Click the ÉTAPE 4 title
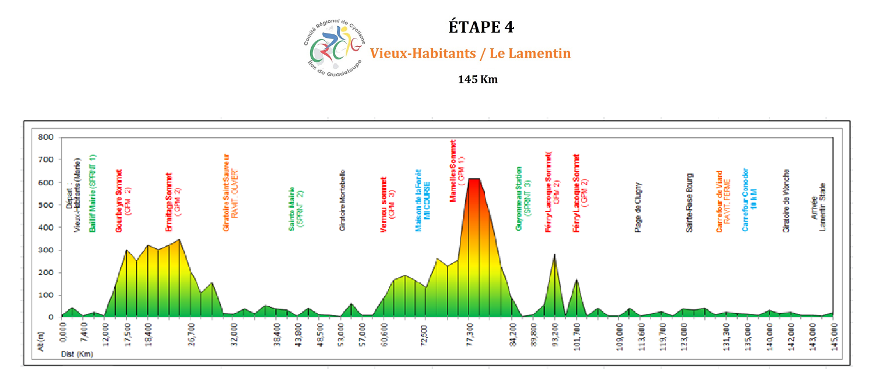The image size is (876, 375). [x=481, y=27]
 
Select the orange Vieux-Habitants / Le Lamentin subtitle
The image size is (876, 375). [x=470, y=54]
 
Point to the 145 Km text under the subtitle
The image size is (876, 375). [x=478, y=79]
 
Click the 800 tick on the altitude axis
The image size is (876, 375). [x=45, y=137]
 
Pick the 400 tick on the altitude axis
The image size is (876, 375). [x=45, y=228]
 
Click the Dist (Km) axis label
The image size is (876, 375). [x=77, y=353]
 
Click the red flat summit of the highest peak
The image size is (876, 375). [x=474, y=180]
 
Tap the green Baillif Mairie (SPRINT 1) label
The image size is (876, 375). [x=92, y=194]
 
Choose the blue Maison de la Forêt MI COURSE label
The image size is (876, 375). [x=422, y=201]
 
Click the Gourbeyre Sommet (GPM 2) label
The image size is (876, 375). [x=122, y=201]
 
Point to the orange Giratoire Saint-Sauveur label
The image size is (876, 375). [x=231, y=193]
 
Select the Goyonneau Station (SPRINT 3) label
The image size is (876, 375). [x=522, y=199]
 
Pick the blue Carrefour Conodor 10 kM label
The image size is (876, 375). [x=749, y=200]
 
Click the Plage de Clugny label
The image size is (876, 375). [x=638, y=207]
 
